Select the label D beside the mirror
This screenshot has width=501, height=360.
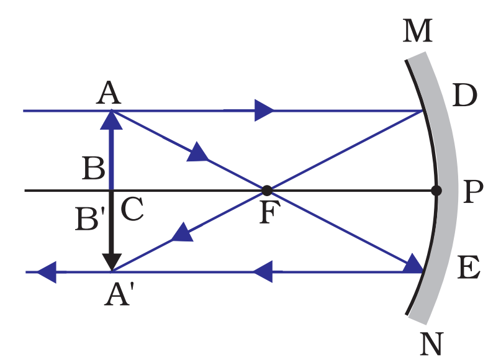point(464,95)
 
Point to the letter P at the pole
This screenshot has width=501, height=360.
point(473,193)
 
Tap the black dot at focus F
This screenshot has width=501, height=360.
point(266,190)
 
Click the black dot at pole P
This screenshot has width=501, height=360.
point(436,191)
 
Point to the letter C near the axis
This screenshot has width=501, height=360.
point(132,211)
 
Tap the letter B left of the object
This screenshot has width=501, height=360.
point(93,169)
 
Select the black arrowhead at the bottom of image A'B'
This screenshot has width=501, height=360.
point(112,263)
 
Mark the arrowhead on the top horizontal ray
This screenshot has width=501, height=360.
point(264,111)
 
